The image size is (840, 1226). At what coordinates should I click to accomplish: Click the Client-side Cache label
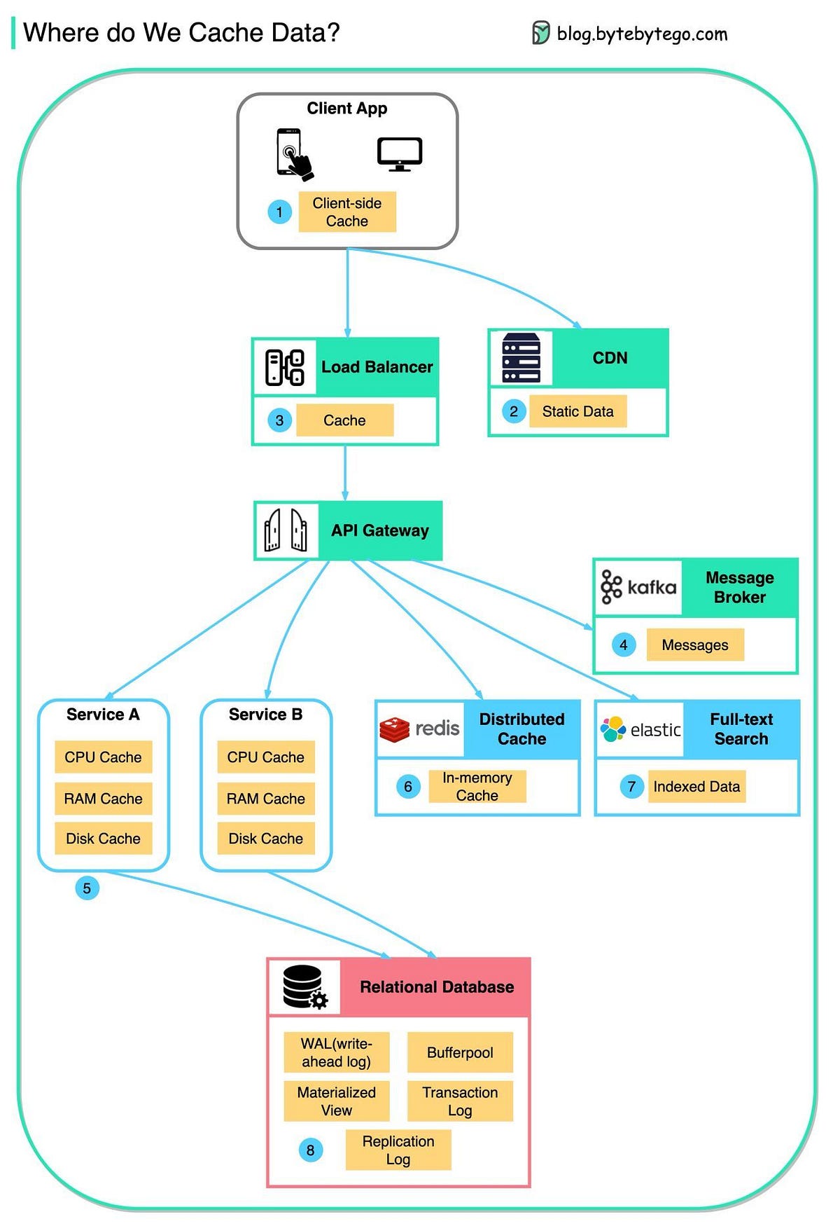(x=347, y=212)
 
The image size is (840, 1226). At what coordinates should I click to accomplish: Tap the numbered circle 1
(x=279, y=212)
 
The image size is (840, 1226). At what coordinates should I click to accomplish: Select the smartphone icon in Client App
(x=293, y=153)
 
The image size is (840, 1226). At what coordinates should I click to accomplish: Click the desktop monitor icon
(x=400, y=153)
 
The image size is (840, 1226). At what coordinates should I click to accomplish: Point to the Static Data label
(x=577, y=411)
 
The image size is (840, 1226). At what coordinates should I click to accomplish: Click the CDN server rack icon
(x=521, y=358)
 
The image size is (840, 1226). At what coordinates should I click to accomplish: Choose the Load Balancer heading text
(x=377, y=366)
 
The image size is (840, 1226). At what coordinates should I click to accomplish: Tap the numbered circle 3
(x=279, y=420)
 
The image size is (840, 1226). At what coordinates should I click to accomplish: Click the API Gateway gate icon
(x=286, y=530)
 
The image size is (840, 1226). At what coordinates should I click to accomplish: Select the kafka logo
(x=638, y=587)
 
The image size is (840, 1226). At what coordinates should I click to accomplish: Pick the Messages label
(x=694, y=645)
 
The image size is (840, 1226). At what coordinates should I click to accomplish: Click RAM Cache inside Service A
(x=103, y=799)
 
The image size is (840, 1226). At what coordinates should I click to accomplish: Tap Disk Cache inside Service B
(x=265, y=839)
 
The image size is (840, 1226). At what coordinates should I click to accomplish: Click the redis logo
(x=419, y=729)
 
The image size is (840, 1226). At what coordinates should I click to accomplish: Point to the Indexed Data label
(x=696, y=787)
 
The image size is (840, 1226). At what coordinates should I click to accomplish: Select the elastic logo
(x=640, y=729)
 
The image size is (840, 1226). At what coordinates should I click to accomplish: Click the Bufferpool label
(x=460, y=1052)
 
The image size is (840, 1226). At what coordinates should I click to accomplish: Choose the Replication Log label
(x=398, y=1150)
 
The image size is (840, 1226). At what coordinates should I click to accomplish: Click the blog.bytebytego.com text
(x=641, y=34)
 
